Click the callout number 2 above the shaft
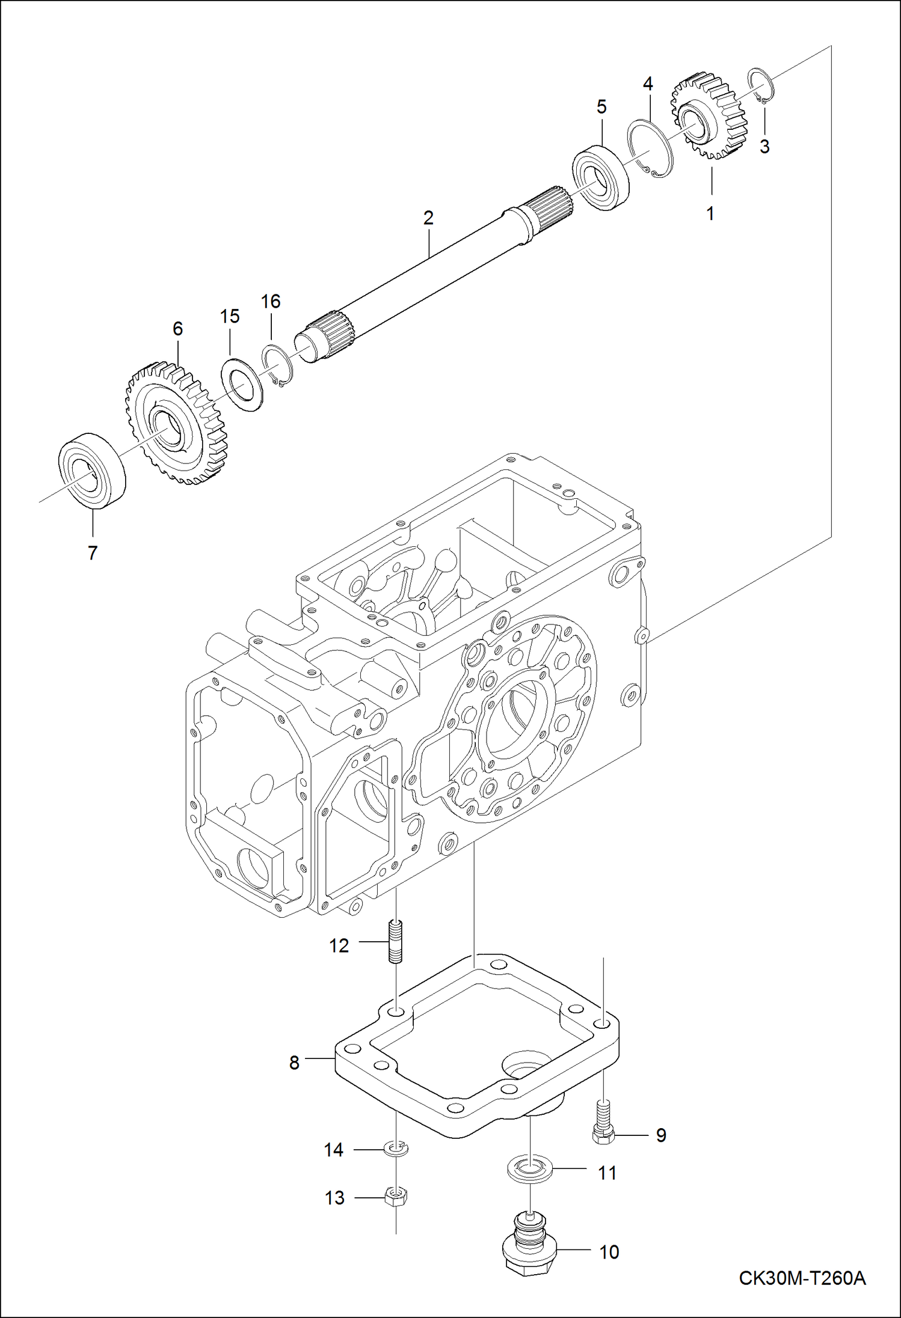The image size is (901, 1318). pyautogui.click(x=428, y=218)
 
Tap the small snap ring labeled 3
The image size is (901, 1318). pyautogui.click(x=761, y=87)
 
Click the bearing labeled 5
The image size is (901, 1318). pyautogui.click(x=600, y=177)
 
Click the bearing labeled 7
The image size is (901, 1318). pyautogui.click(x=92, y=471)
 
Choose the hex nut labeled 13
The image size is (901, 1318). pyautogui.click(x=396, y=1197)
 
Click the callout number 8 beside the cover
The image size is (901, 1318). pyautogui.click(x=294, y=1063)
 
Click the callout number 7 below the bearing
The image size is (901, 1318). pyautogui.click(x=92, y=553)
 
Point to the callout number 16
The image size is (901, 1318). pyautogui.click(x=271, y=301)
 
